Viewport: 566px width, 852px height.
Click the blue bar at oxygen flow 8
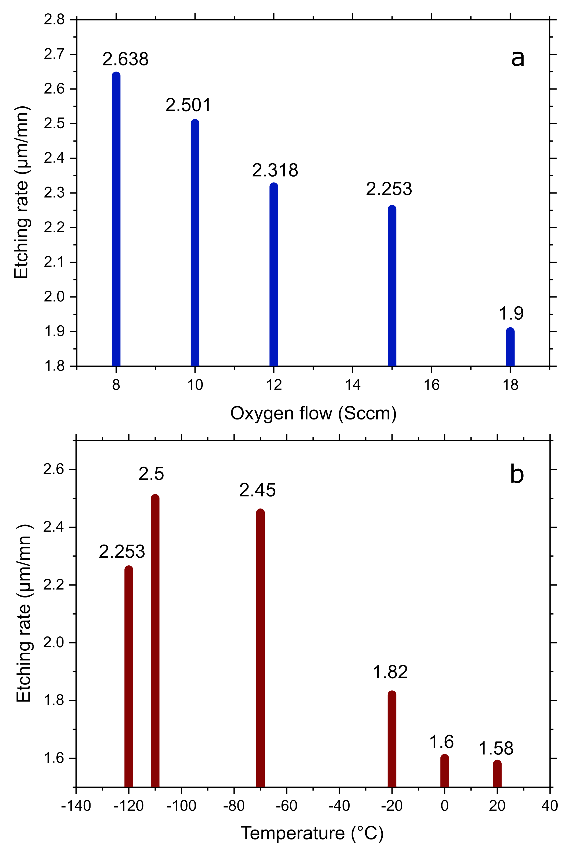click(x=116, y=220)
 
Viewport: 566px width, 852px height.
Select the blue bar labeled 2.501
click(x=195, y=243)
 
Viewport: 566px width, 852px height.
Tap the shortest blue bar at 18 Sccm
click(x=510, y=347)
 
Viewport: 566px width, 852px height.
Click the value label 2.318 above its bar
click(x=275, y=170)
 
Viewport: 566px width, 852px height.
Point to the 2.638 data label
click(x=125, y=59)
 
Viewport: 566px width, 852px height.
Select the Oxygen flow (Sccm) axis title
click(x=313, y=413)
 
